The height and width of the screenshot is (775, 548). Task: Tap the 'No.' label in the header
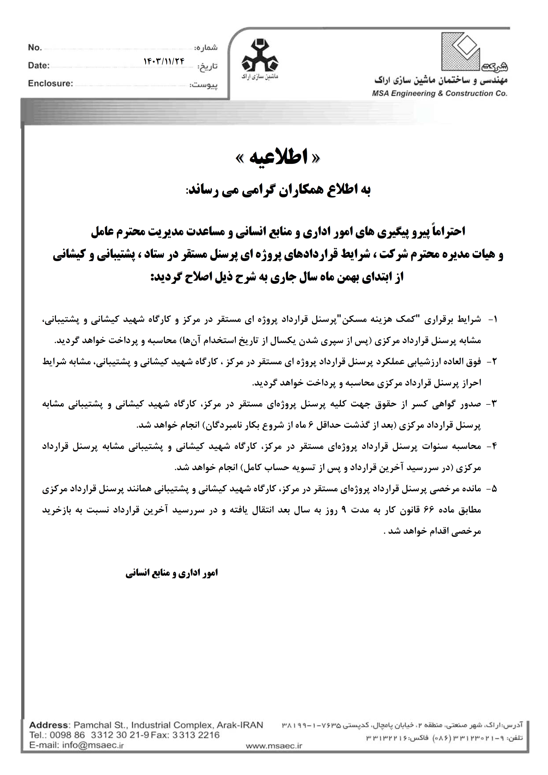coord(35,47)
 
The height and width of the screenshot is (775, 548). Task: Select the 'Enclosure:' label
coord(51,83)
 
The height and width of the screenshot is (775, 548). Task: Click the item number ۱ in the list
coord(495,319)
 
